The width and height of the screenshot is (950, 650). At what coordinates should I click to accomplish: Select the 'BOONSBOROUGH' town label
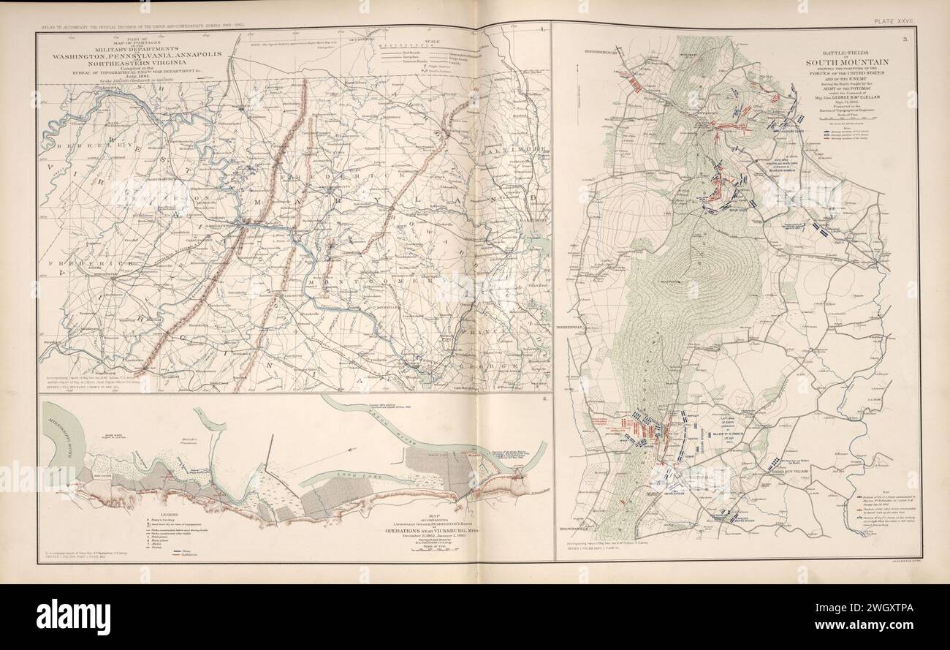coord(601,53)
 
